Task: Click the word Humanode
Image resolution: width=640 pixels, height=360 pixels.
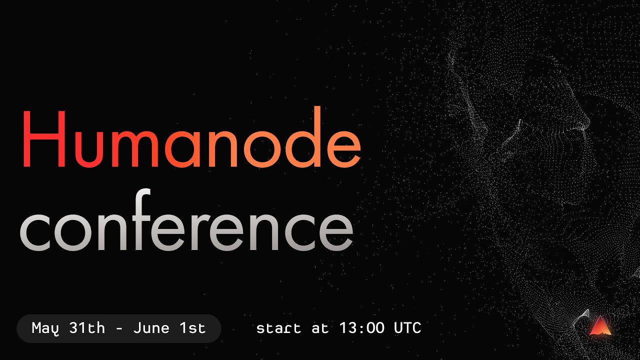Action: point(190,139)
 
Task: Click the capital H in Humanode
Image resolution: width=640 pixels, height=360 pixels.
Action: point(43,139)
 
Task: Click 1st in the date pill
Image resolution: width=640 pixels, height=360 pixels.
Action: point(192,328)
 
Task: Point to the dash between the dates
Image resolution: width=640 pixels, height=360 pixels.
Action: point(119,329)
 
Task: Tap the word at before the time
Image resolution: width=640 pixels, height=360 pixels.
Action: point(320,328)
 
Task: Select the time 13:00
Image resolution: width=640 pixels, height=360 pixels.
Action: point(361,328)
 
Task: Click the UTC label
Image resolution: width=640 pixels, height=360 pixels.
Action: point(407,328)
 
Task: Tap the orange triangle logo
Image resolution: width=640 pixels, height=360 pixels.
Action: point(600,326)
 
